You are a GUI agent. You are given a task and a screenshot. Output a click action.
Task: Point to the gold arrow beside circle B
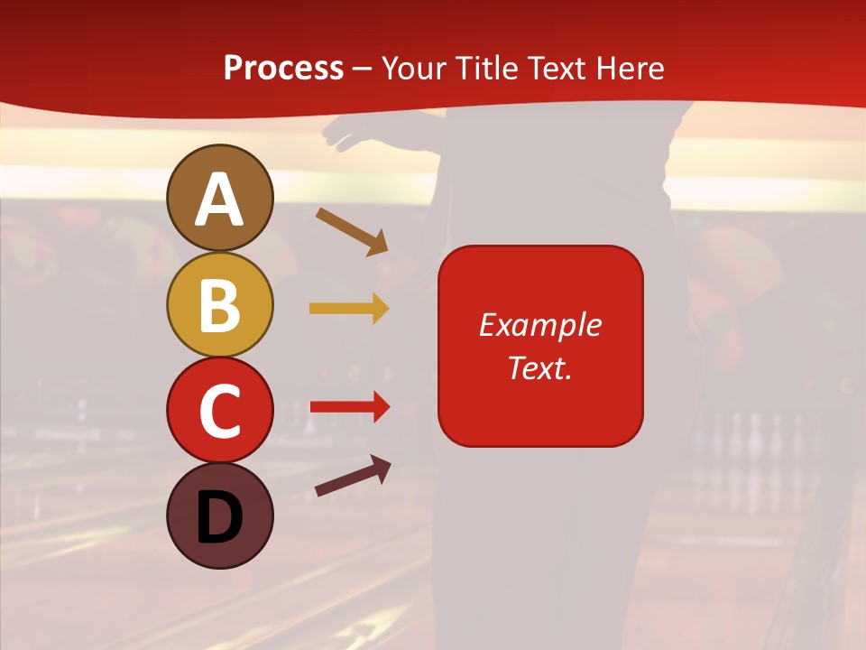[x=349, y=309]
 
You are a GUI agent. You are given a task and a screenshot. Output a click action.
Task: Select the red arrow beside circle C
[x=350, y=407]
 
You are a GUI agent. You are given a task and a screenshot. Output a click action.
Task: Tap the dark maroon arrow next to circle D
[x=353, y=476]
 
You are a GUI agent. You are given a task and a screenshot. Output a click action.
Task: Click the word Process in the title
[x=283, y=69]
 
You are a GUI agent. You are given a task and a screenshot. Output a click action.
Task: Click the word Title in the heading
[x=488, y=69]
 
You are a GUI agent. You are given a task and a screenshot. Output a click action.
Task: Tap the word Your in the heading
[x=416, y=69]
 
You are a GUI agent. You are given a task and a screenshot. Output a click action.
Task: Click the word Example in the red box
[x=539, y=325]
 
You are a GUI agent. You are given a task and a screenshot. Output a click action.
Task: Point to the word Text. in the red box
[x=539, y=367]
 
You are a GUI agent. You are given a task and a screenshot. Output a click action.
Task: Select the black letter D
[x=219, y=518]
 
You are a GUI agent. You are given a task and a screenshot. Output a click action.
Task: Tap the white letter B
[x=219, y=305]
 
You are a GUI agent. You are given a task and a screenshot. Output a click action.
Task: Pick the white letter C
[x=219, y=411]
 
